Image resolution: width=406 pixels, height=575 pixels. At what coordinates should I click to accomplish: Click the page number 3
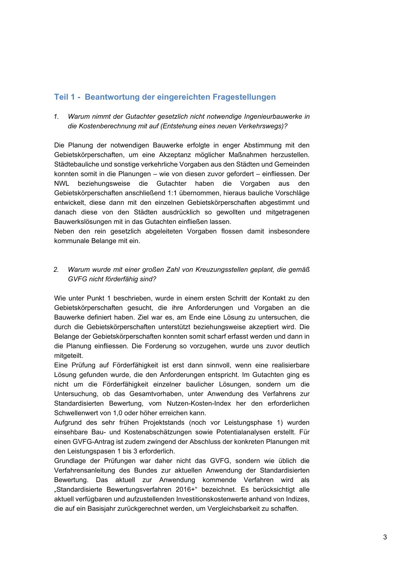tap(385, 537)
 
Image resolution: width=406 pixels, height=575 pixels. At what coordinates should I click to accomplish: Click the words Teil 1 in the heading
tap(65, 97)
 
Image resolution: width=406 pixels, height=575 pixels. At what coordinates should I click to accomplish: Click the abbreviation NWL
tap(61, 183)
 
